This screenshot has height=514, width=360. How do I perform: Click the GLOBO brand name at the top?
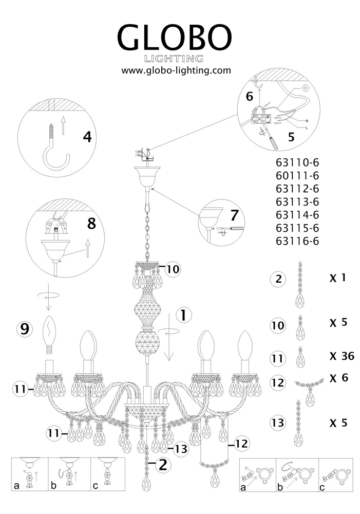point(175,37)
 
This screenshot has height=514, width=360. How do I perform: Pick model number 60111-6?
point(297,176)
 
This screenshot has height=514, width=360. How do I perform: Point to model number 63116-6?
point(297,240)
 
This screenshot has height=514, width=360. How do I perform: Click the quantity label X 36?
point(342,356)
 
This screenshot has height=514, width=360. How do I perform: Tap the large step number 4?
point(87,137)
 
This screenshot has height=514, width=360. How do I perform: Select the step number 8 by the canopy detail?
point(91,224)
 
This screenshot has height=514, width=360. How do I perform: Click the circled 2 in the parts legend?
point(278,280)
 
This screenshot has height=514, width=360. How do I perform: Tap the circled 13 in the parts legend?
point(278,424)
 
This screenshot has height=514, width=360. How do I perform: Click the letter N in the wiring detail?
point(307,119)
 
